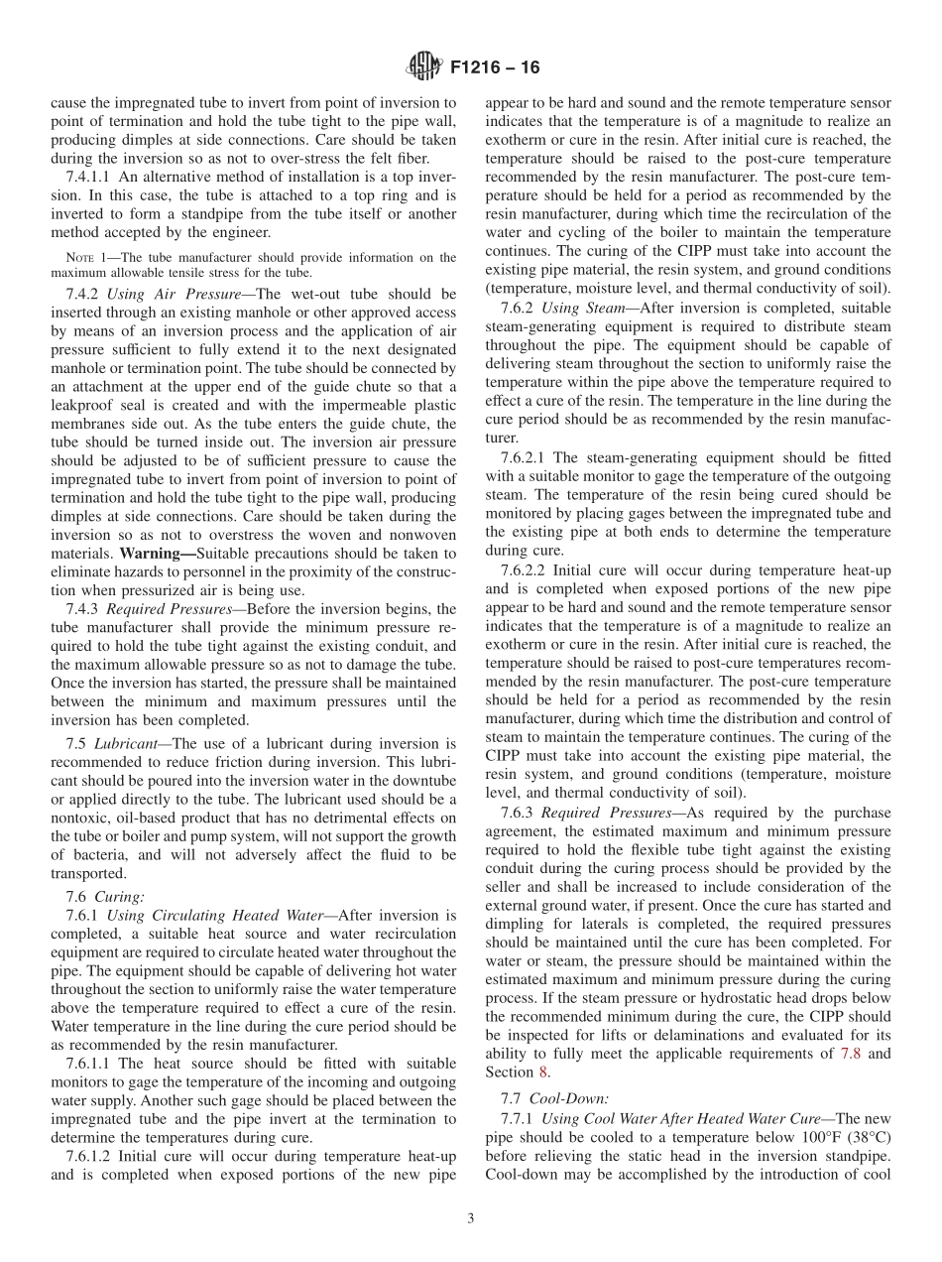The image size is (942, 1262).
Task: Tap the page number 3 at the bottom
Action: click(x=471, y=1219)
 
